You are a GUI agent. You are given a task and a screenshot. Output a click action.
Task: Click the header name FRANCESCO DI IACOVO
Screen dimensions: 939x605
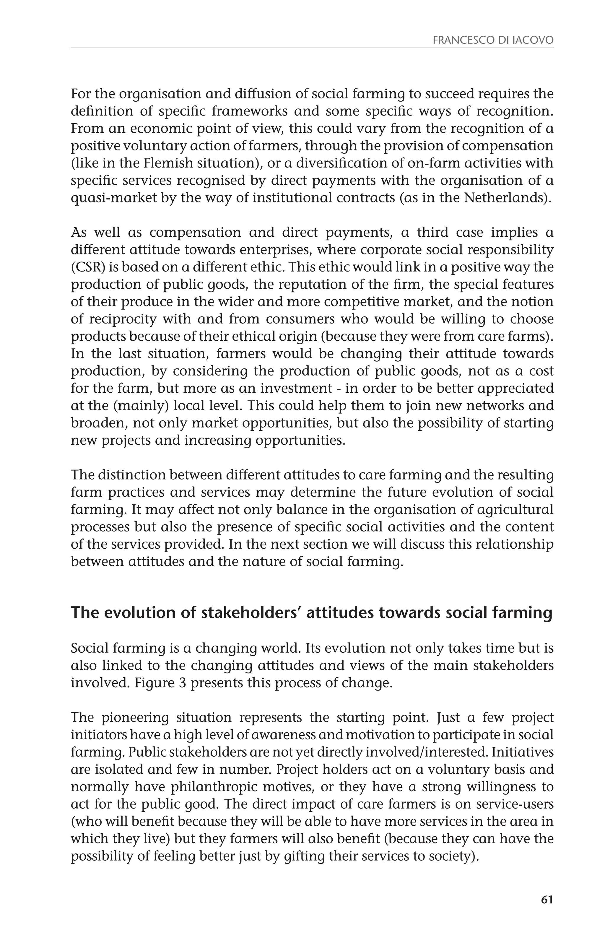coord(493,40)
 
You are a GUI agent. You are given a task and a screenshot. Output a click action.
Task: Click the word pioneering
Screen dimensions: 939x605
coord(135,717)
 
